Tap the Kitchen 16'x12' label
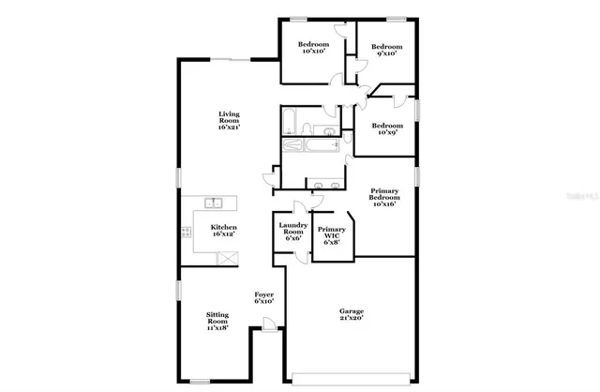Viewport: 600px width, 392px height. [223, 231]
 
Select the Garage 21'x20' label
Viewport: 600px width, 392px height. [352, 314]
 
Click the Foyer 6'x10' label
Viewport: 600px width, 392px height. [263, 298]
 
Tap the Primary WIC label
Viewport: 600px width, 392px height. [331, 235]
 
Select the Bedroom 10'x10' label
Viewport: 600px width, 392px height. [314, 48]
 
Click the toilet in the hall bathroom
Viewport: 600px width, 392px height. [331, 128]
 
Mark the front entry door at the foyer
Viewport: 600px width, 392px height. [269, 325]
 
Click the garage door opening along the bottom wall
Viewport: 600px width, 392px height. [352, 378]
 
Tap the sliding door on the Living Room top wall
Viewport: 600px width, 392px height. [241, 60]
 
